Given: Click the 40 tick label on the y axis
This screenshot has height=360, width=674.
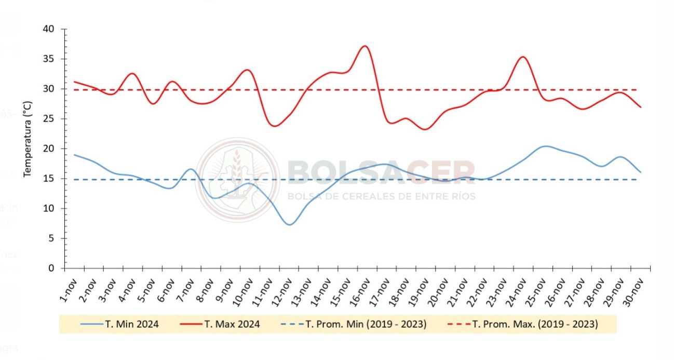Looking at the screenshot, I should pyautogui.click(x=48, y=29).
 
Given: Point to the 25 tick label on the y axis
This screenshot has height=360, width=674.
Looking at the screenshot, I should pyautogui.click(x=48, y=119).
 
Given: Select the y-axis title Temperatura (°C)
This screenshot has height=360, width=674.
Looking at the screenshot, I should pyautogui.click(x=28, y=133).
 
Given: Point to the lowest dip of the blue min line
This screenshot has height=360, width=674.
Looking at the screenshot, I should pyautogui.click(x=290, y=224).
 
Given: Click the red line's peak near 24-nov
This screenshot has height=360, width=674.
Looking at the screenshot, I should pyautogui.click(x=523, y=57).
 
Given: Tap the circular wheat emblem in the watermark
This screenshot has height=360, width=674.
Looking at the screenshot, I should pyautogui.click(x=237, y=180).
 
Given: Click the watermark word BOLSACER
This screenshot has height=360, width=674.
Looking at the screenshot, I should pyautogui.click(x=381, y=172).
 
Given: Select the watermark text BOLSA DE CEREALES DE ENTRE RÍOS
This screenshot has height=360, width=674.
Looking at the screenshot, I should pyautogui.click(x=381, y=196).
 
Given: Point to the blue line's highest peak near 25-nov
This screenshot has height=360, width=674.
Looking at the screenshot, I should pyautogui.click(x=544, y=146).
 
